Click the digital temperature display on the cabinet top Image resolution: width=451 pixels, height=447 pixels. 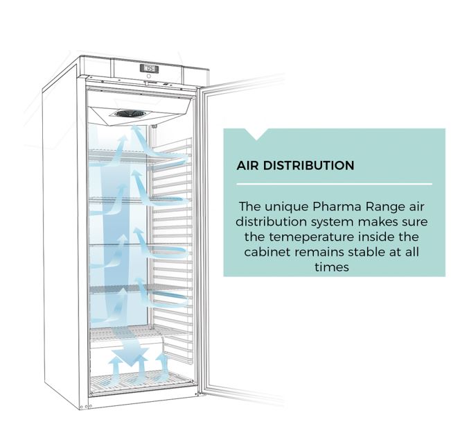coord(149,69)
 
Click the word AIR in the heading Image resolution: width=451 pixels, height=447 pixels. coord(247,166)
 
